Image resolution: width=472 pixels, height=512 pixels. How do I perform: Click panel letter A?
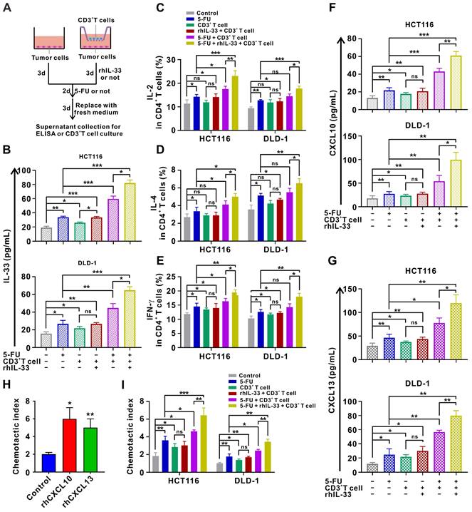[x=7, y=8]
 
